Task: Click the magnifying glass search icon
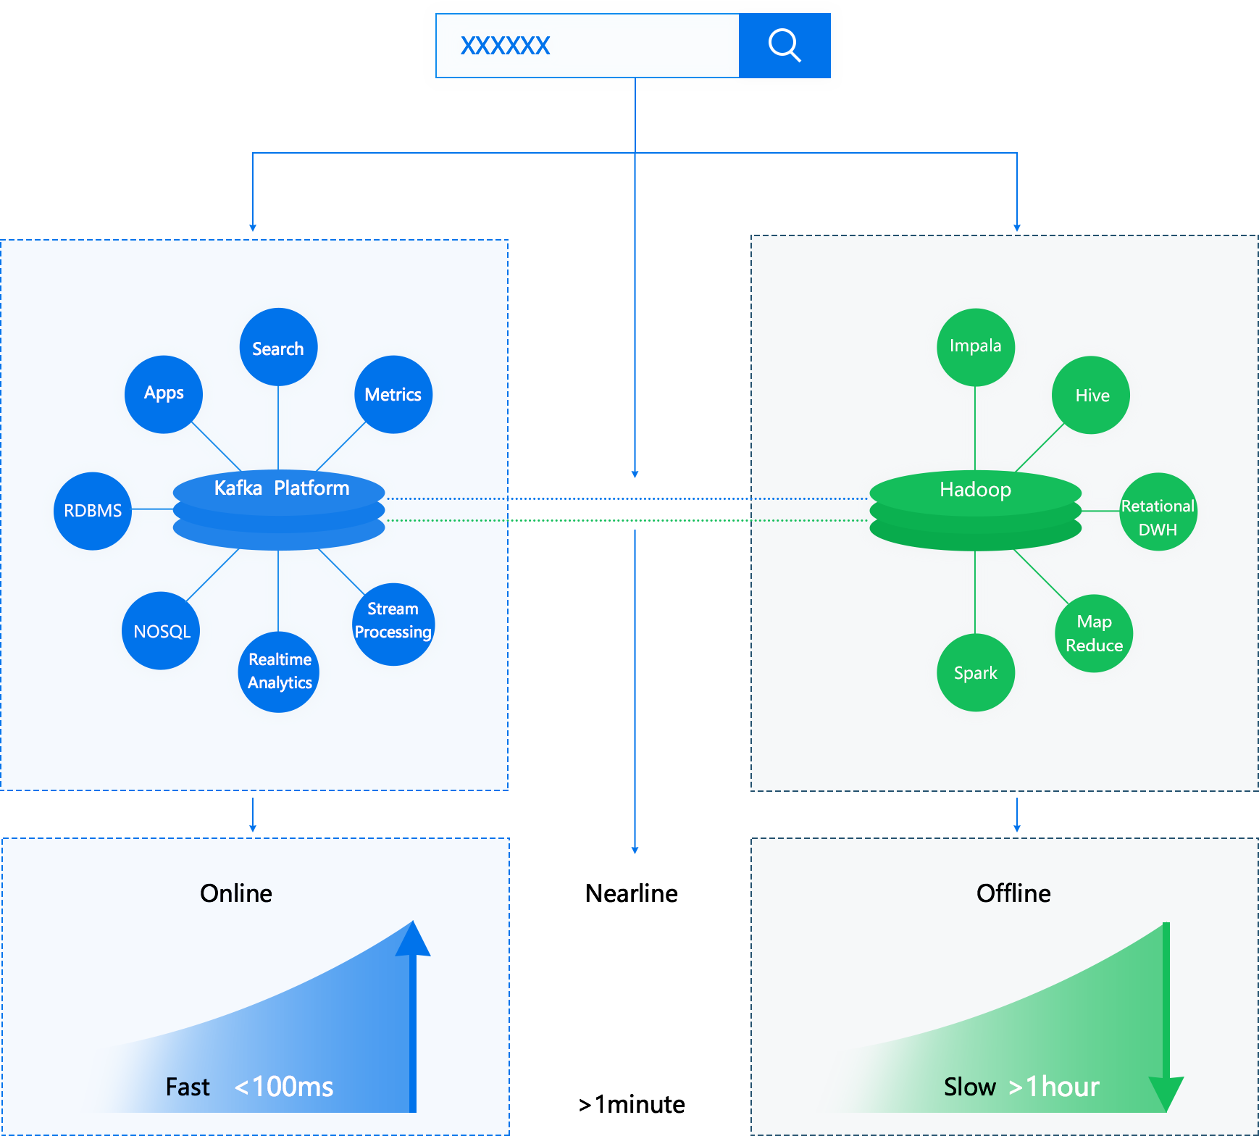point(785,46)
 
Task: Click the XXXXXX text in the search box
point(506,46)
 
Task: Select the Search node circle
point(278,348)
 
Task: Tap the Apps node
point(164,393)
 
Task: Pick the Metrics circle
point(393,394)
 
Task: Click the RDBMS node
point(93,511)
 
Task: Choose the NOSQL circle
point(162,631)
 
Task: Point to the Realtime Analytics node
point(280,671)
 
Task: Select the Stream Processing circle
point(393,621)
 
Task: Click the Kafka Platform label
point(281,488)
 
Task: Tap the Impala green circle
point(975,346)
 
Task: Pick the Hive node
point(1092,396)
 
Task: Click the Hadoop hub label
point(975,490)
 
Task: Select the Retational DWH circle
point(1158,517)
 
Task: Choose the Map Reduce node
point(1094,633)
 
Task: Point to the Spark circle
point(975,673)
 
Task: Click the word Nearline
point(631,893)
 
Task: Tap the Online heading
point(236,893)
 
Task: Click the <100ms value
point(284,1087)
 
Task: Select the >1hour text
point(1054,1087)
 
